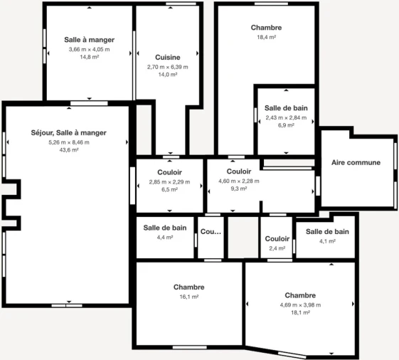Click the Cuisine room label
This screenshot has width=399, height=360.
pos(167,57)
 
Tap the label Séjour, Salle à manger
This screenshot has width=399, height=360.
pos(69,132)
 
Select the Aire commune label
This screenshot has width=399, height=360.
pos(356,162)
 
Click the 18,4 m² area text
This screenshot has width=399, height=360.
pos(266,37)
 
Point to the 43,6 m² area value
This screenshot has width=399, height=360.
pos(69,150)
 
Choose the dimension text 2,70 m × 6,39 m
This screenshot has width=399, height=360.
pos(167,67)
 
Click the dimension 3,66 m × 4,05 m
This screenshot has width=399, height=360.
pos(89,49)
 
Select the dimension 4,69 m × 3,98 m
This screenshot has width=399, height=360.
pos(300,305)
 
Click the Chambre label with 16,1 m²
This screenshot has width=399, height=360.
pos(188,287)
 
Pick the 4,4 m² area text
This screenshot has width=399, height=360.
pos(165,238)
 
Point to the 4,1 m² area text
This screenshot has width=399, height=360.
pos(327,241)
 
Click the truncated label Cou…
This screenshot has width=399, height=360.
pos(211,232)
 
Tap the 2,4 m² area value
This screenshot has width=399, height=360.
pos(277,248)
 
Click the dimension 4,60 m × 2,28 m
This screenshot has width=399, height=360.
pos(239,181)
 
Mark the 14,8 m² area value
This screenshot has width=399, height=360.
pos(89,57)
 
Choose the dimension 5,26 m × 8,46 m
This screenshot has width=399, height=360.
pos(69,142)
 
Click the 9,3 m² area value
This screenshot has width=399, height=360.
pos(239,189)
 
